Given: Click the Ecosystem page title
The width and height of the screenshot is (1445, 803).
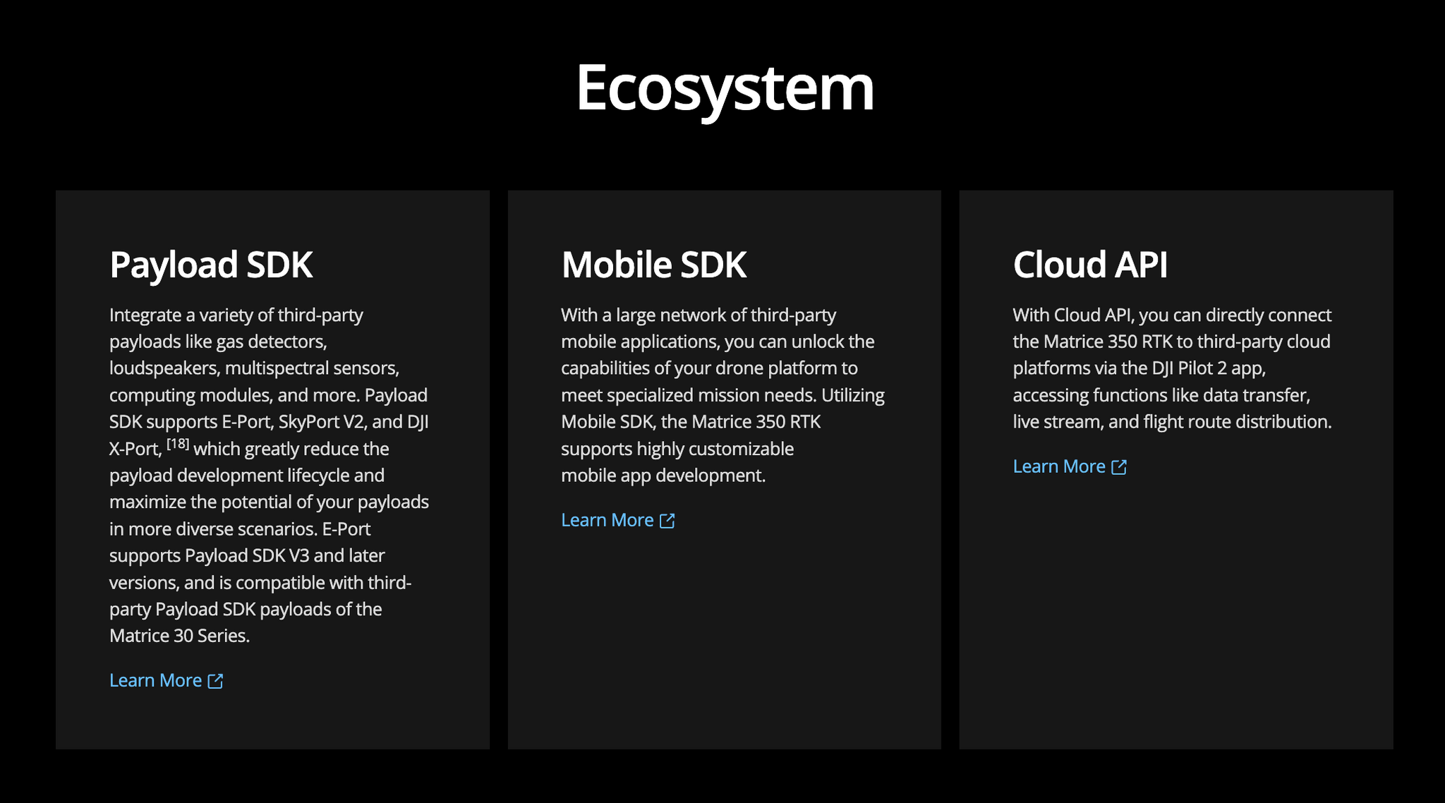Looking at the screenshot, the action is (x=725, y=88).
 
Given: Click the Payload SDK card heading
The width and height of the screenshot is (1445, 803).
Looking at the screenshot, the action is (x=211, y=265).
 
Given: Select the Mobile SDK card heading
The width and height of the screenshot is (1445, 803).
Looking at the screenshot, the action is (x=653, y=265).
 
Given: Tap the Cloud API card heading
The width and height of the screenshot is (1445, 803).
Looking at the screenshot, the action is (x=1090, y=265).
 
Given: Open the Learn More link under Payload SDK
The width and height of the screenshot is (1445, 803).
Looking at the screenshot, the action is (x=167, y=680).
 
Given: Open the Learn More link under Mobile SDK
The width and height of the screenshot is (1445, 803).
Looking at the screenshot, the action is (x=618, y=520).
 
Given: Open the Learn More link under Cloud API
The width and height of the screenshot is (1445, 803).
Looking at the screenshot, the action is (x=1070, y=466).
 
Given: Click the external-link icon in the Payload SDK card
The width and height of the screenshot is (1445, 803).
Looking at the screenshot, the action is (x=215, y=681).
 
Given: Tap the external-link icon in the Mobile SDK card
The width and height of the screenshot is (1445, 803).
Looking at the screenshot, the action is (x=667, y=521).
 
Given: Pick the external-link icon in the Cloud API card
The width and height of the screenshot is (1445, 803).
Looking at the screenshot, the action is (x=1119, y=467).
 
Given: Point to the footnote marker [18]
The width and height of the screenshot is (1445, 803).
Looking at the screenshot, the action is (x=178, y=444).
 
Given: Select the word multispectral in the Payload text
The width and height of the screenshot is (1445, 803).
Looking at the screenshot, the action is (x=277, y=368).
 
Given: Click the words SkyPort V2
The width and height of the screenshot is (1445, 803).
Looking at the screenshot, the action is (x=322, y=422).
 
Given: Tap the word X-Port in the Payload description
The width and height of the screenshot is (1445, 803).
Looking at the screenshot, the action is (x=134, y=449).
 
